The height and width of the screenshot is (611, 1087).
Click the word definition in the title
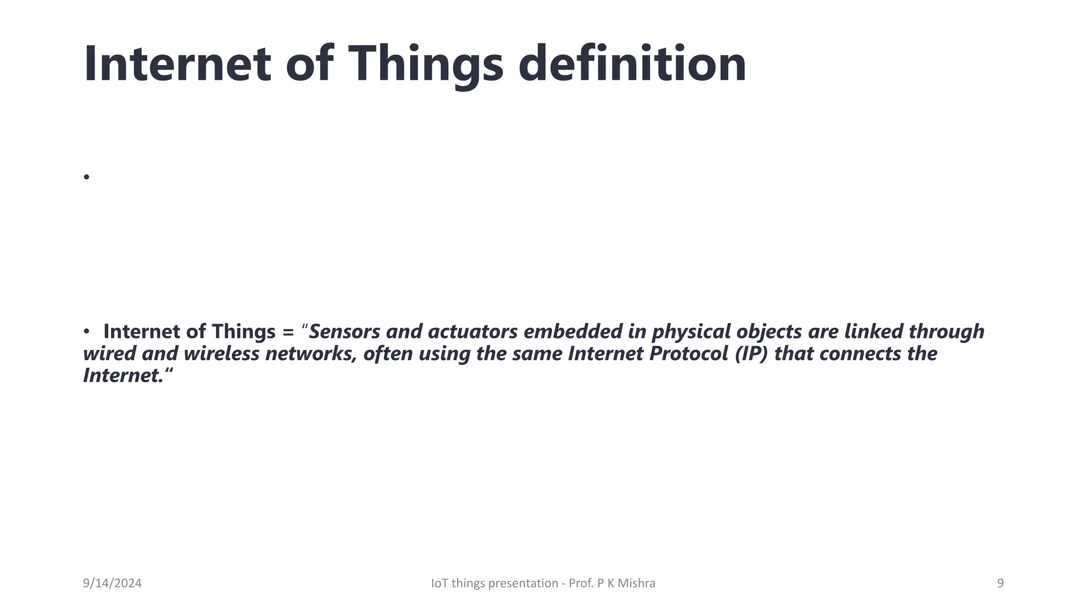pyautogui.click(x=632, y=64)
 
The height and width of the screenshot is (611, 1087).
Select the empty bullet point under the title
pyautogui.click(x=87, y=177)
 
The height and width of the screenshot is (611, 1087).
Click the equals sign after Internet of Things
pyautogui.click(x=288, y=333)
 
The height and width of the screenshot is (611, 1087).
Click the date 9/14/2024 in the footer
pyautogui.click(x=112, y=583)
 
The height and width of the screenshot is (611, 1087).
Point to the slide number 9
pyautogui.click(x=1000, y=583)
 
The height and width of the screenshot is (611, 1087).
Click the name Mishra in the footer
pyautogui.click(x=639, y=583)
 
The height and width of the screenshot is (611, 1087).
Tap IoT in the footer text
pyautogui.click(x=439, y=583)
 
